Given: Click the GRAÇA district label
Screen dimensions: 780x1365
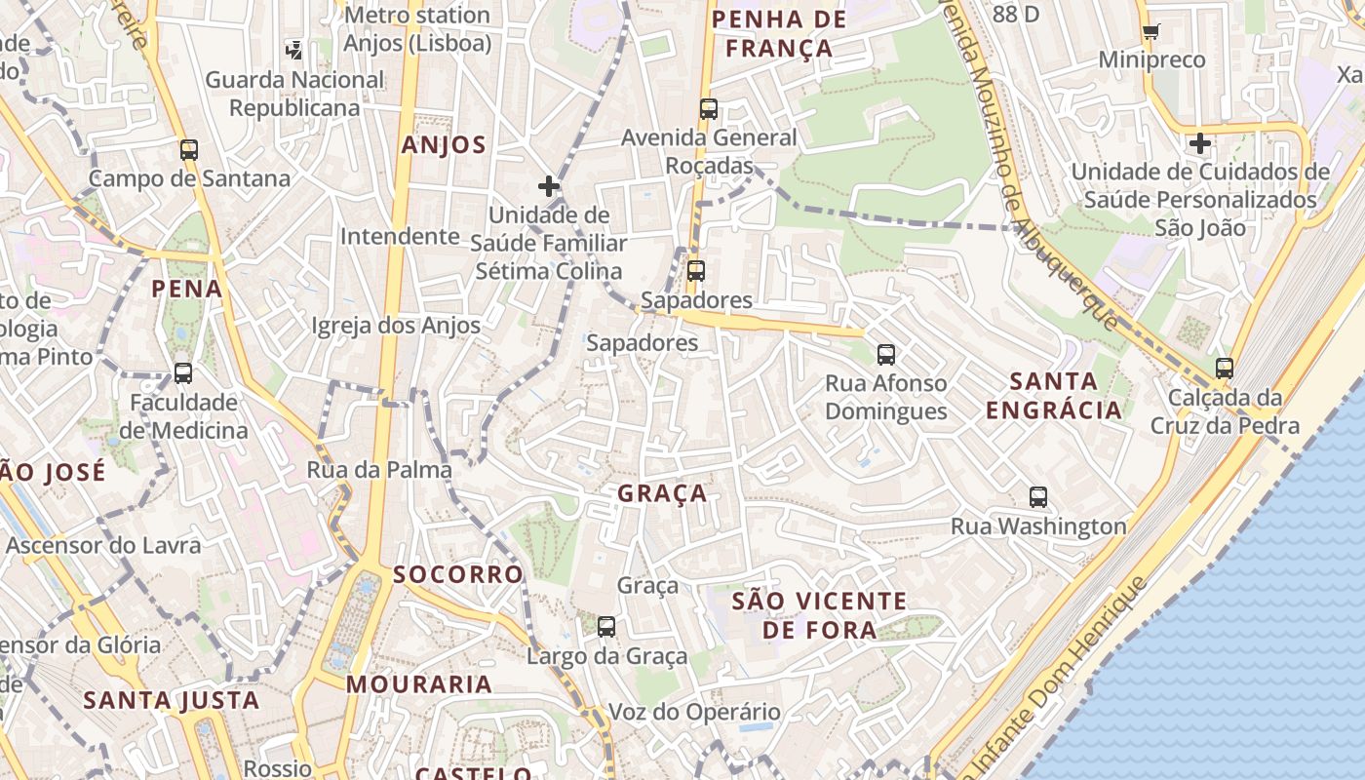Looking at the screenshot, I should point(662,493).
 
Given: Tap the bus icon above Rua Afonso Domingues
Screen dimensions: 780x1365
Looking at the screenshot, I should point(885,355).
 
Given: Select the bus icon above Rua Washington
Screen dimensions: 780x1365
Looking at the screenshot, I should point(1038,497).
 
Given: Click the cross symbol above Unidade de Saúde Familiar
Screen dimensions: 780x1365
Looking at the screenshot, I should point(549,186).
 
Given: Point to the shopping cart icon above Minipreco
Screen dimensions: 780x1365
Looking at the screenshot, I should point(1150,31).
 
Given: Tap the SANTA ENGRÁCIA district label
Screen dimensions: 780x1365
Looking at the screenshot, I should point(1053,395).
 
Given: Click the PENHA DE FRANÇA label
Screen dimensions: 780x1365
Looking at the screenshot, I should point(772,33).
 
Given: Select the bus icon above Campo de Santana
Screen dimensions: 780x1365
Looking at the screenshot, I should point(189,150).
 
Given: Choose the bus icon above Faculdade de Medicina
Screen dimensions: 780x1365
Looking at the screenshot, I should point(182,373).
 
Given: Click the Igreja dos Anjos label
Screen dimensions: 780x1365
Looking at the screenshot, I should point(396,325).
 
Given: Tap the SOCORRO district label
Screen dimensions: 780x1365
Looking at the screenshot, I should point(458,574).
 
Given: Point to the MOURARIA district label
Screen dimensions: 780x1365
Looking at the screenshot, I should point(419,684).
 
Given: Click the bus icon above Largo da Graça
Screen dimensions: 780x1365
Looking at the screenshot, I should point(606,627).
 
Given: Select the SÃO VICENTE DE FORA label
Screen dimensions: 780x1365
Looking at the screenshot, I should point(819,615).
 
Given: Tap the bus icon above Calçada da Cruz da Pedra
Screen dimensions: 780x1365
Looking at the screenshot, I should point(1225,369).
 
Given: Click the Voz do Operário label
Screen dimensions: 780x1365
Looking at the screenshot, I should point(694,712).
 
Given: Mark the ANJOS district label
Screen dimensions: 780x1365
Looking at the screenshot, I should point(444,145).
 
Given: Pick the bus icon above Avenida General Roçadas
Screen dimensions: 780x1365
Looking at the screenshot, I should point(709,109).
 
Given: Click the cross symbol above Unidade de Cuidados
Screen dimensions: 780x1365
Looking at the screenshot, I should point(1199,144).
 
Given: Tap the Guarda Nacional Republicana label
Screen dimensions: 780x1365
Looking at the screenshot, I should point(294,94).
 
